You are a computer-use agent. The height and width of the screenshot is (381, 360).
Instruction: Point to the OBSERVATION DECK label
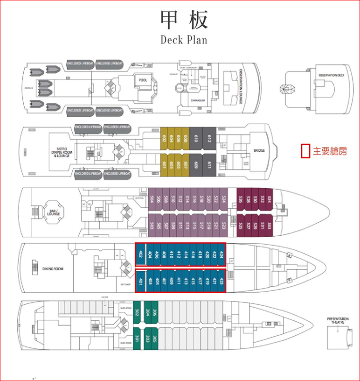tap(331, 75)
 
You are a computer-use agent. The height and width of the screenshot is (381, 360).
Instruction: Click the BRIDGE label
tap(259, 151)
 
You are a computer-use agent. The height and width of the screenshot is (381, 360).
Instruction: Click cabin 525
tap(241, 226)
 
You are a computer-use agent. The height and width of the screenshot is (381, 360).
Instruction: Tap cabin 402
tap(141, 254)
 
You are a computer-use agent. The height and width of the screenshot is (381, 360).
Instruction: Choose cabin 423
tap(222, 281)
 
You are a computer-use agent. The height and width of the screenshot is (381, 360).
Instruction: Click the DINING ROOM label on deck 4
tap(53, 268)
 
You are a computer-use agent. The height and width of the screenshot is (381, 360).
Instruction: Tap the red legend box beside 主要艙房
tap(305, 151)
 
